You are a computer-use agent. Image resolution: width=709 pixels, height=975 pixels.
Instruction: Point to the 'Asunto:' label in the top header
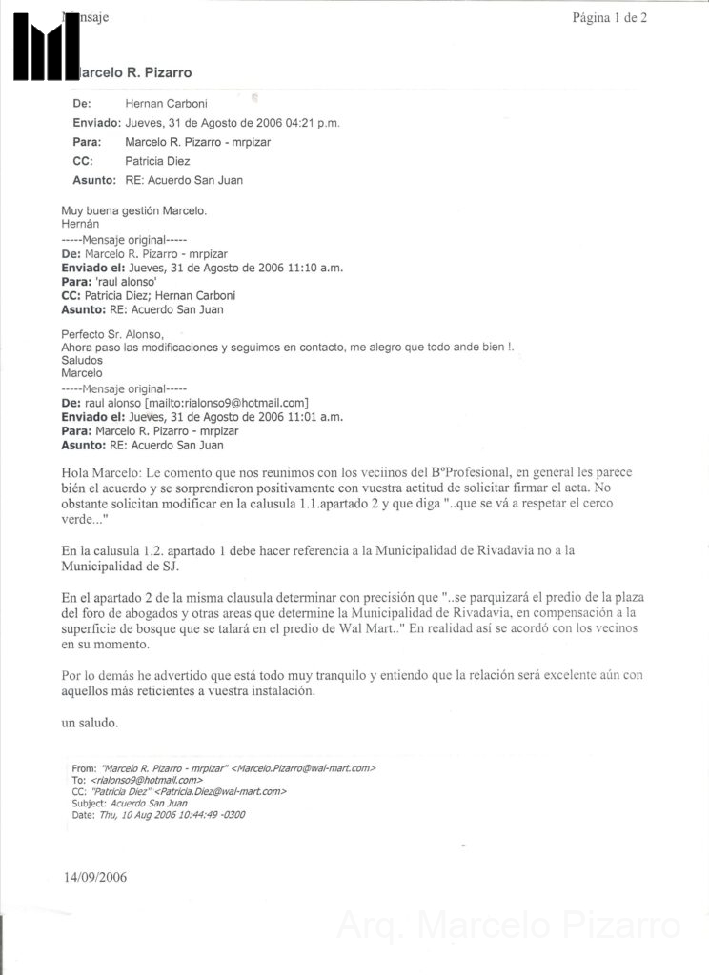[x=94, y=180]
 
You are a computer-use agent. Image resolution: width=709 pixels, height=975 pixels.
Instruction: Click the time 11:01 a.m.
[x=300, y=417]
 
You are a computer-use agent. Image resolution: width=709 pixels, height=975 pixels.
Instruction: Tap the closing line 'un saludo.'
[x=90, y=723]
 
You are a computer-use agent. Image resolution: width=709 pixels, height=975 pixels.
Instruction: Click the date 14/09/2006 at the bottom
[x=95, y=877]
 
